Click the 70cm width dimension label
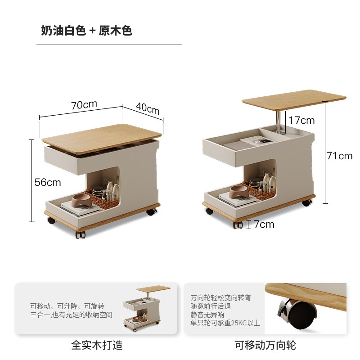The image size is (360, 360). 84,104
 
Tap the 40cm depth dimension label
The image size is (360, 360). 148,109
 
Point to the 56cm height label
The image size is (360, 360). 48,182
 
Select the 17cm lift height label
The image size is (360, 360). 301,120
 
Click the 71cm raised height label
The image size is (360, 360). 339,156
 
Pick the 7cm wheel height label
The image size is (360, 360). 264,224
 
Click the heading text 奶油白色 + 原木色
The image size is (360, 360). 86,31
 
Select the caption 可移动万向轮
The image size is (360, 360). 265,345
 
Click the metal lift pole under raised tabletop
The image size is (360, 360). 279,121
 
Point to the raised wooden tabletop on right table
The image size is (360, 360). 294,99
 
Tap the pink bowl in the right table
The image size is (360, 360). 238,192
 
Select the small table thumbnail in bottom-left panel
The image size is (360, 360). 141,308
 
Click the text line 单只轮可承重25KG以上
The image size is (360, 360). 225,323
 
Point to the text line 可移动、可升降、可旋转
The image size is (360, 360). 67,306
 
